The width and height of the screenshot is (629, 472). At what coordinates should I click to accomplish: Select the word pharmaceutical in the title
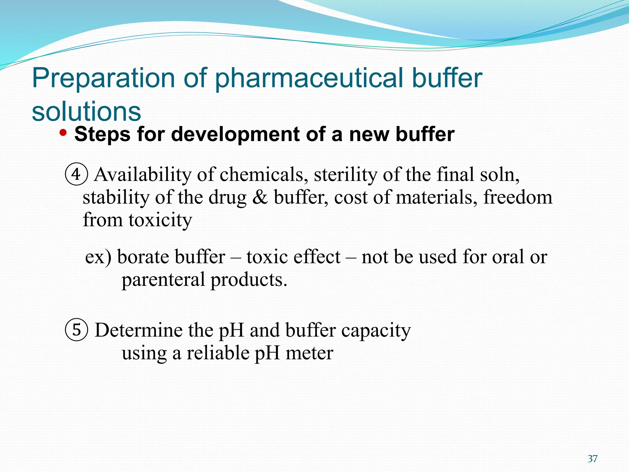(x=309, y=78)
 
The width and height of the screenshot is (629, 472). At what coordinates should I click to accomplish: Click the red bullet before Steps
(x=63, y=133)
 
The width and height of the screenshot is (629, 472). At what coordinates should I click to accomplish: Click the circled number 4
(x=76, y=174)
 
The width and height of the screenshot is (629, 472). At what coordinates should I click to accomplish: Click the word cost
(x=350, y=198)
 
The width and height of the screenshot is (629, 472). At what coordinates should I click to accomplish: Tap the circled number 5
(x=76, y=330)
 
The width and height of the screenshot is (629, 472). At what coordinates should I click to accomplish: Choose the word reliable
(x=218, y=353)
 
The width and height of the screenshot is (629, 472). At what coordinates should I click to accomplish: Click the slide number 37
(x=592, y=459)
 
